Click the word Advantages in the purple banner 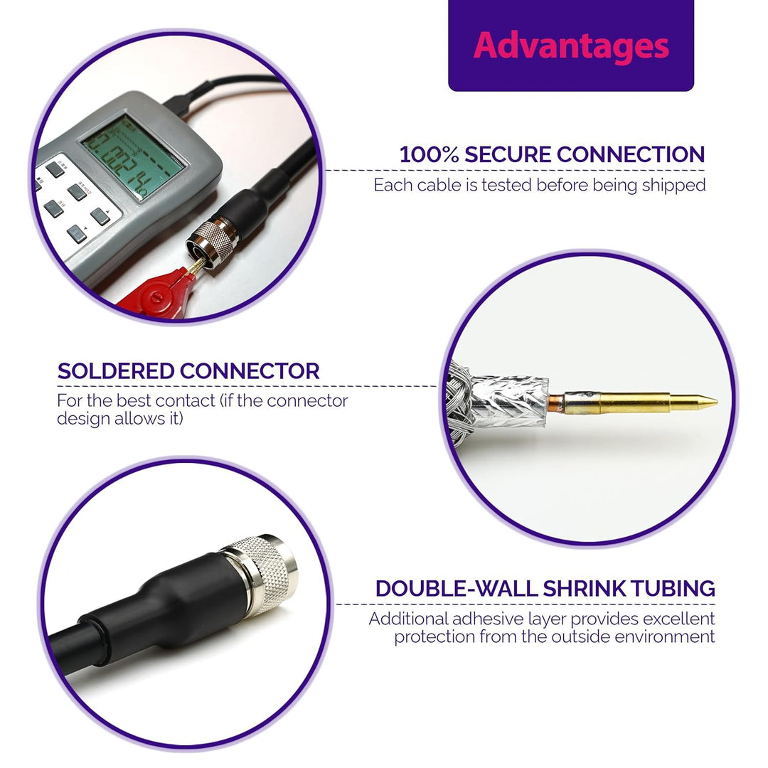571,46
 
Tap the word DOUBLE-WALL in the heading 456,589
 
